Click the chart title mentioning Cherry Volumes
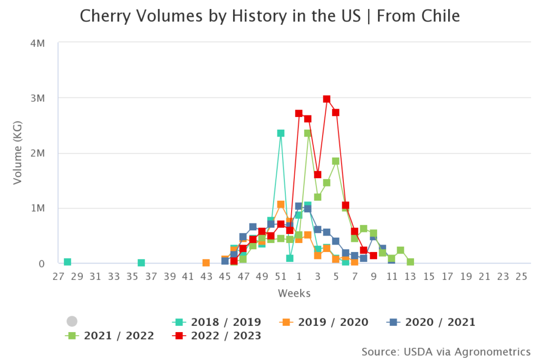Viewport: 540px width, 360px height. click(x=269, y=16)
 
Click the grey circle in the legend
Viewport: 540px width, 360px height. click(x=72, y=322)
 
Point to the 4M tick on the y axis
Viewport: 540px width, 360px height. click(x=37, y=43)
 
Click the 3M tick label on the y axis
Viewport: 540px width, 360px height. click(x=37, y=98)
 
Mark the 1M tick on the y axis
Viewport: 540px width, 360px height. click(x=37, y=208)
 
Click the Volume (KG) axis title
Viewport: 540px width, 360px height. click(x=18, y=153)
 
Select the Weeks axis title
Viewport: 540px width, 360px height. click(x=294, y=293)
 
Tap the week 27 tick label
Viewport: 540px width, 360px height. click(x=58, y=276)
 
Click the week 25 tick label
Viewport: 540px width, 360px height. click(x=522, y=276)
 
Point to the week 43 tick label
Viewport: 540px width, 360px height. click(x=206, y=276)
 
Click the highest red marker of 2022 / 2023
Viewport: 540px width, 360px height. click(x=326, y=99)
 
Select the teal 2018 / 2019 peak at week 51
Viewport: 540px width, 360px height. click(x=281, y=133)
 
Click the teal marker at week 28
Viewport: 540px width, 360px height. click(x=67, y=262)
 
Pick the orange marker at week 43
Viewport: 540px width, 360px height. click(x=206, y=262)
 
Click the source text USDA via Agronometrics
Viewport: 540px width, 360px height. click(x=446, y=351)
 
